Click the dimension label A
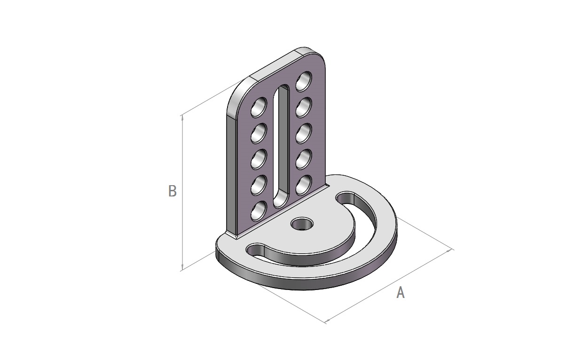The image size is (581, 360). (x=400, y=293)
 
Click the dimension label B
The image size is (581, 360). (x=173, y=191)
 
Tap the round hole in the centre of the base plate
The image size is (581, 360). (x=302, y=224)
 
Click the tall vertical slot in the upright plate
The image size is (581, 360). (x=282, y=146)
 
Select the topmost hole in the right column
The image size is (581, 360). (x=304, y=81)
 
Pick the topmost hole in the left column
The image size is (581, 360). (x=259, y=107)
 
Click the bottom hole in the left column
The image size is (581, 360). (x=259, y=211)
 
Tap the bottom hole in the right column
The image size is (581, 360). (x=304, y=185)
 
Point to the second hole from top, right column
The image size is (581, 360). (x=304, y=107)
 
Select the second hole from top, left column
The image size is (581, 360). (x=259, y=133)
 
